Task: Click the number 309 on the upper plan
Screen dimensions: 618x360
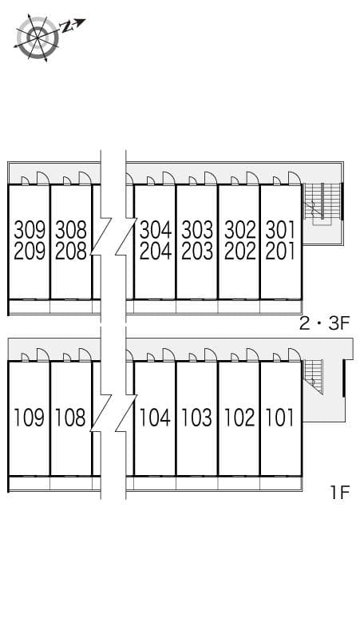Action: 30,230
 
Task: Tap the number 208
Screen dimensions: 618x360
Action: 71,252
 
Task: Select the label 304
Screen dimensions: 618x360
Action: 155,230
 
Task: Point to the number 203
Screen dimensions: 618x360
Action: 197,252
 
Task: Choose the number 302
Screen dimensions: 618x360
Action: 239,230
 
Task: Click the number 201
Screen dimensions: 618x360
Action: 280,252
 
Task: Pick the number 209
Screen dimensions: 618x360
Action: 30,252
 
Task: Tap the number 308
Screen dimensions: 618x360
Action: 71,230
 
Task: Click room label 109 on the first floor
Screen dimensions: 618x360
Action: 30,417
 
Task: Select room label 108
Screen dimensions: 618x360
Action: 71,417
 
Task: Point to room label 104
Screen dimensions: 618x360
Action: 155,417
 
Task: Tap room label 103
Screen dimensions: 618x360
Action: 197,417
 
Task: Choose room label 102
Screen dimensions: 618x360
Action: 239,417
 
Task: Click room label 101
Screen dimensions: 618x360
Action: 280,417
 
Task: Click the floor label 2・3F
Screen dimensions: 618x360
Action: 324,323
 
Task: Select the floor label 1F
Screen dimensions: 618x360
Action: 340,492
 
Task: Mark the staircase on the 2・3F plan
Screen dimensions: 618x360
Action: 321,203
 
